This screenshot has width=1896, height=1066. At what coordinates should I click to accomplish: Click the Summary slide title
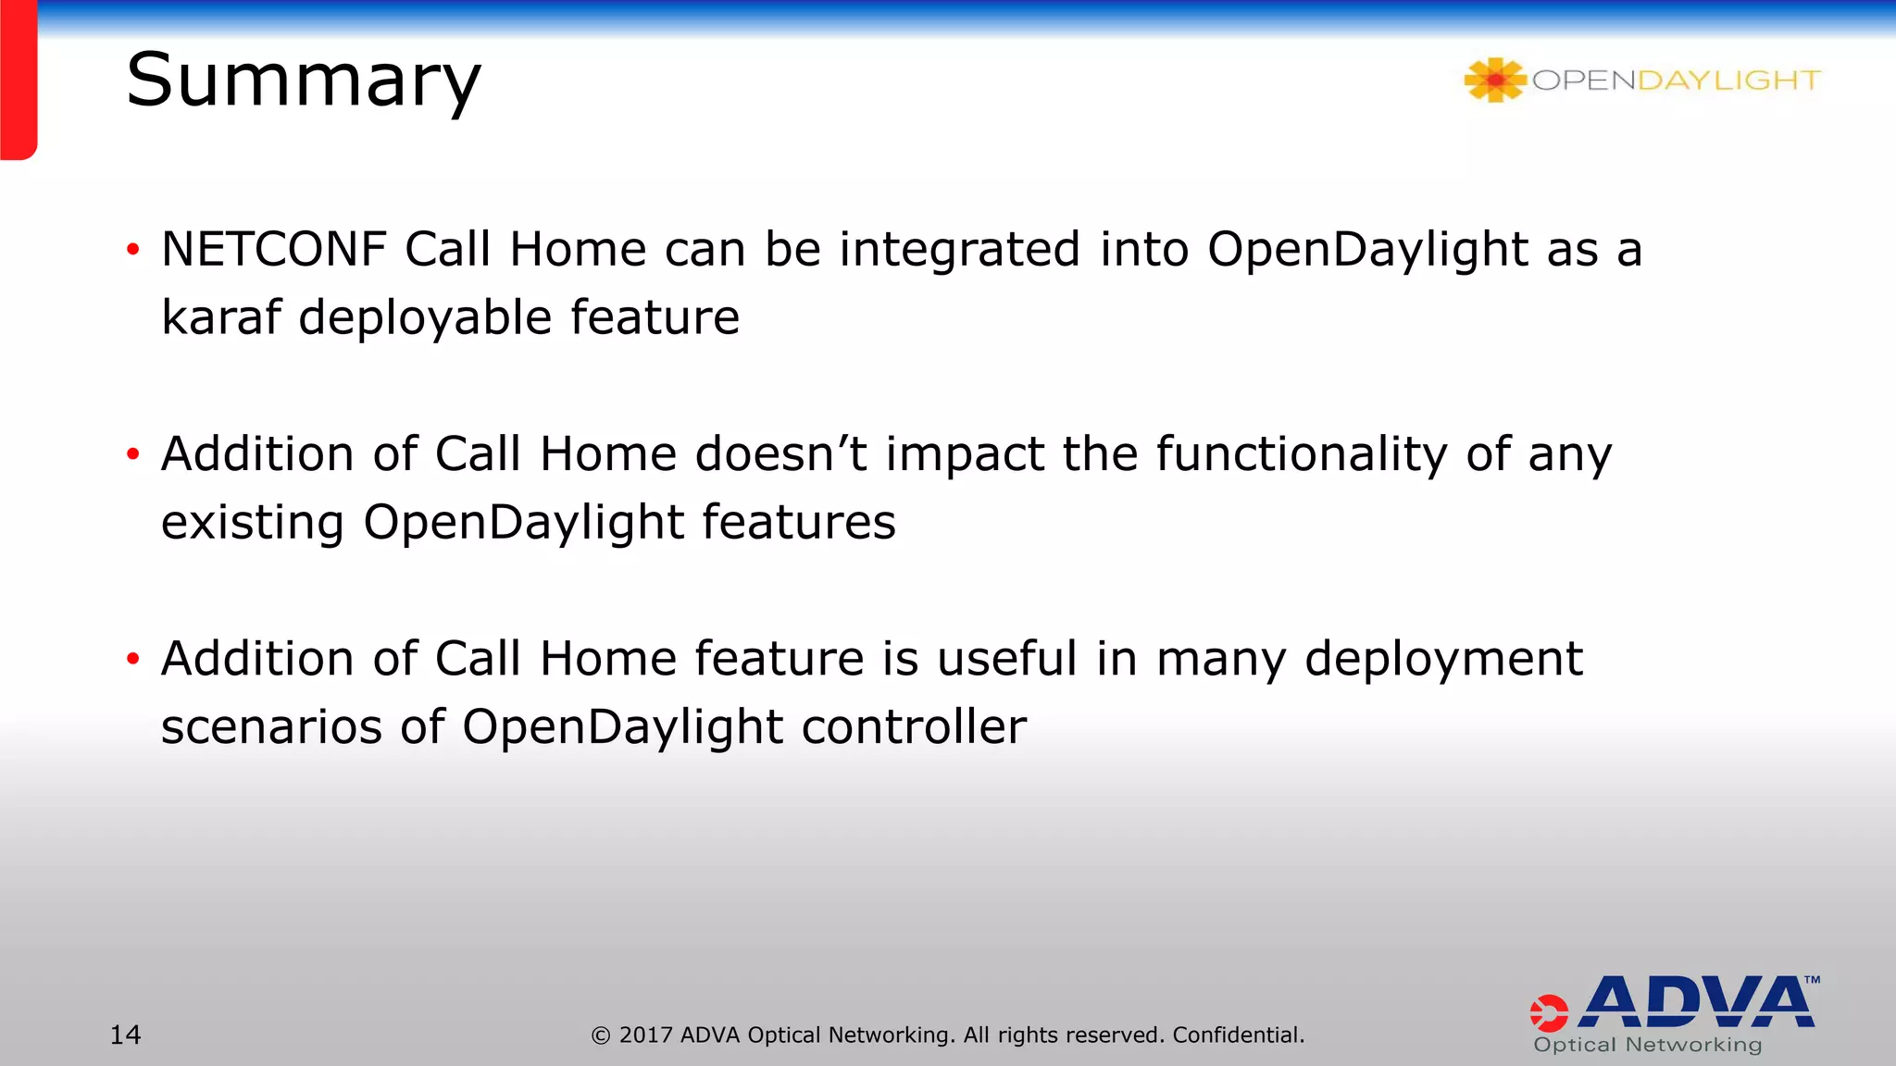pos(303,81)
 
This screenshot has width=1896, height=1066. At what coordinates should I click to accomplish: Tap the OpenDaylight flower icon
pos(1493,81)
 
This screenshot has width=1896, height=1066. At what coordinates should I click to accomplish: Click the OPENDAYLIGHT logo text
pos(1676,81)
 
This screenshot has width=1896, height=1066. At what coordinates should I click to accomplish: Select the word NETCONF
pos(274,250)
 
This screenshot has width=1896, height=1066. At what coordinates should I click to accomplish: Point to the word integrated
pos(959,250)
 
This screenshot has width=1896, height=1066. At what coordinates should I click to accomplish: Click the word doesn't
pos(780,454)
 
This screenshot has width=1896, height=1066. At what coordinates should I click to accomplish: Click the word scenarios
pos(271,726)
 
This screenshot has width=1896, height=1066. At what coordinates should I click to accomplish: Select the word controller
pos(914,726)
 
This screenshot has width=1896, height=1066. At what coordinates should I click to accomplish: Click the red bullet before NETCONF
pos(133,250)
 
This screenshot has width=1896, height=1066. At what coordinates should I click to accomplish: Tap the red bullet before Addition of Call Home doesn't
pos(133,454)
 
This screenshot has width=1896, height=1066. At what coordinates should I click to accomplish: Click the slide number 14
pos(126,1035)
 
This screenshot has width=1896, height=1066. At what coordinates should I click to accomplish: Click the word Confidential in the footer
pos(1238,1035)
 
